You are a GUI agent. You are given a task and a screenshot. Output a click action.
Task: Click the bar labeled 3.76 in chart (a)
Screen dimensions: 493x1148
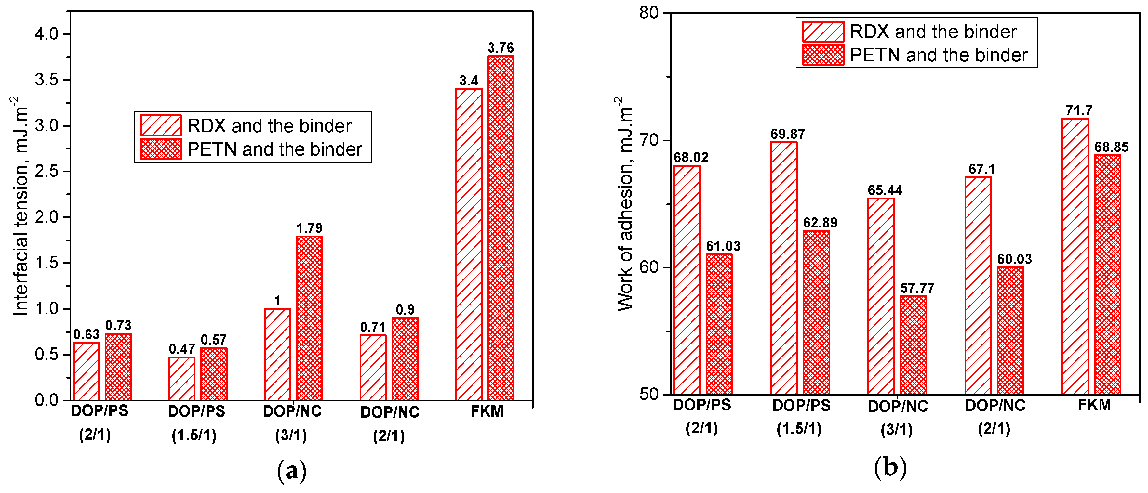[501, 227]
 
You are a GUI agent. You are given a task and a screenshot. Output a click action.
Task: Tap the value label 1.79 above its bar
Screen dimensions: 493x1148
[309, 228]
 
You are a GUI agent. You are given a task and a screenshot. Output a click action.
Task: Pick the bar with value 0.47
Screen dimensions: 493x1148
[182, 379]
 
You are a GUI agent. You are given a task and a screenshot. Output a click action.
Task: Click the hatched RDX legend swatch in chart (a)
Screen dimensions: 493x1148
[160, 125]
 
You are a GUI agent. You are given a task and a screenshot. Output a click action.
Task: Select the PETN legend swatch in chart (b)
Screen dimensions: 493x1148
[823, 55]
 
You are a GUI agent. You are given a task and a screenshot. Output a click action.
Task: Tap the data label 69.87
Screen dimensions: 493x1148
[787, 134]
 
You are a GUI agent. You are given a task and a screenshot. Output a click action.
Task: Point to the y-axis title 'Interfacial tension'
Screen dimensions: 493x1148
[20, 205]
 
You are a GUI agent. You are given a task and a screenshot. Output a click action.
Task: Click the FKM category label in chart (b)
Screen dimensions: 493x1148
[1094, 405]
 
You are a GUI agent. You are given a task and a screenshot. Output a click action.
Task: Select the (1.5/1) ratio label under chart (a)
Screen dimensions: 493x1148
[194, 435]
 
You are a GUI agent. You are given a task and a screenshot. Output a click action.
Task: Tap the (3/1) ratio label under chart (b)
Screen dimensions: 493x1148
[896, 429]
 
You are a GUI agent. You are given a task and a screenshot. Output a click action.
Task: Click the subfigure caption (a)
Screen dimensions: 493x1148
[292, 471]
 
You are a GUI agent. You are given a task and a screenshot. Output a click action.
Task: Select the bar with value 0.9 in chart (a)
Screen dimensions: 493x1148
[405, 358]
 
